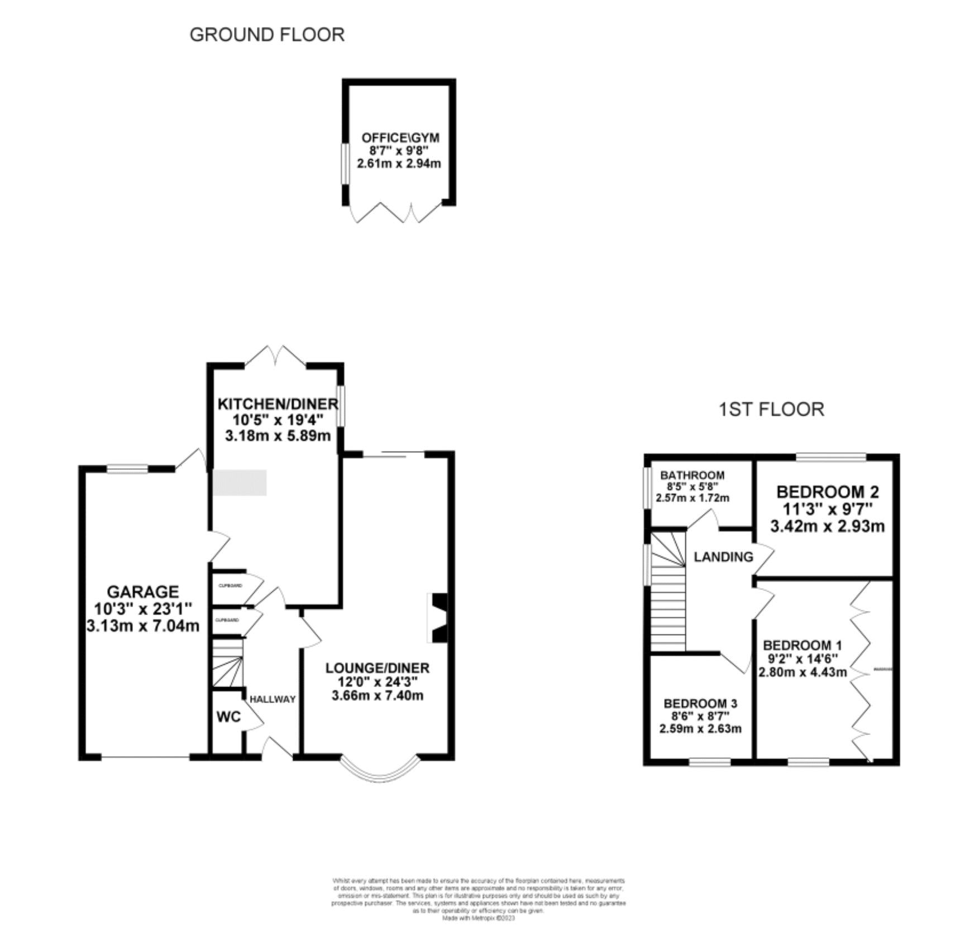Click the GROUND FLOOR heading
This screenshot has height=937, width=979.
[267, 35]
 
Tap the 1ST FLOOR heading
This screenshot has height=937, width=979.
[771, 409]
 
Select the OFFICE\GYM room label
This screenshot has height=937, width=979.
[400, 137]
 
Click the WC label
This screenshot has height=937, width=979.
[228, 717]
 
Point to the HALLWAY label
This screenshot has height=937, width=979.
[273, 699]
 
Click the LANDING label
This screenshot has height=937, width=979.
[723, 556]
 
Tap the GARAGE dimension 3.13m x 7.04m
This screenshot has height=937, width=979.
[143, 626]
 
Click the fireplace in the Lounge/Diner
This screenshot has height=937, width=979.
[438, 618]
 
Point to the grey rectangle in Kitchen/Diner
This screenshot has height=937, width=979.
[240, 482]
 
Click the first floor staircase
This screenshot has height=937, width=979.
[668, 592]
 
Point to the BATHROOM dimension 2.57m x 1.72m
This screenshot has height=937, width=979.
[692, 498]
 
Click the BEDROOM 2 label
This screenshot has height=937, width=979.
[827, 492]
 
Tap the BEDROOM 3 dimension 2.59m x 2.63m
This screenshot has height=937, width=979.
[700, 729]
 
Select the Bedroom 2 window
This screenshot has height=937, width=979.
[830, 457]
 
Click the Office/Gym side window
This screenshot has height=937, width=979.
[345, 164]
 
